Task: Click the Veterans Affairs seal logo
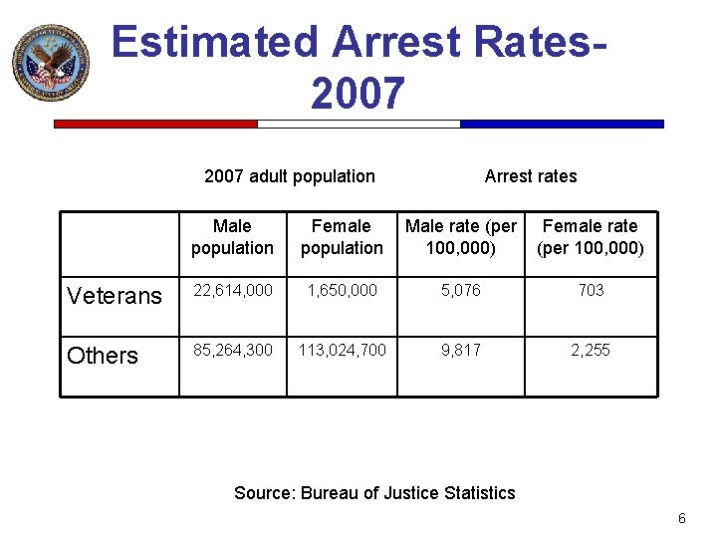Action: (51, 63)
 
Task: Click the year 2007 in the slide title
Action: (358, 94)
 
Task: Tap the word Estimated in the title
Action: (214, 43)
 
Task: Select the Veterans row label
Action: (114, 296)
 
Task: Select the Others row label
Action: (103, 356)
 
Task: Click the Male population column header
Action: (232, 237)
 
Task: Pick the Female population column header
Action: (342, 237)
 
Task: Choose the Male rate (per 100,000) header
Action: (461, 237)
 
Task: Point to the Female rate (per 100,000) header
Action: (591, 237)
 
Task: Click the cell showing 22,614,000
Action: (233, 290)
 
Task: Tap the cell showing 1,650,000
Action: (342, 290)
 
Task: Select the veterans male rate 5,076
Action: (461, 290)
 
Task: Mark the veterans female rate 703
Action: (591, 290)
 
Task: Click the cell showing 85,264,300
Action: (233, 350)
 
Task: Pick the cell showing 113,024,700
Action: (342, 350)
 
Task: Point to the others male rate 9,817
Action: (461, 350)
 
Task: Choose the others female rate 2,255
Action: (591, 350)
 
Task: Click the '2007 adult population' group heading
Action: (289, 176)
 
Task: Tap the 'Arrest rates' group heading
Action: (530, 176)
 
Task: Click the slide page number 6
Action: (682, 518)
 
